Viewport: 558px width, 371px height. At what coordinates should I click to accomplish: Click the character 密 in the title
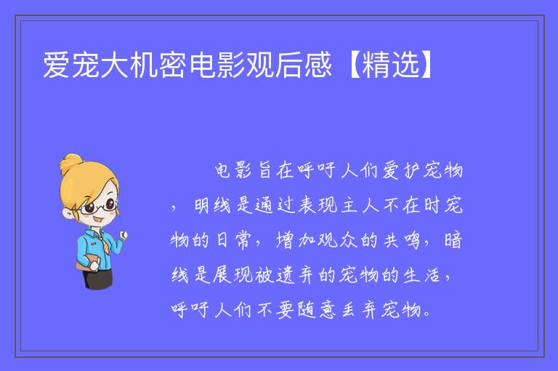173,65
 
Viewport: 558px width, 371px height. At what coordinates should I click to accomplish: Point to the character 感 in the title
318,65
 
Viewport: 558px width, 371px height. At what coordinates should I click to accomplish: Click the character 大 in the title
115,65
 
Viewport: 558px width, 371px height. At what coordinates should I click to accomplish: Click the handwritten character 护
411,170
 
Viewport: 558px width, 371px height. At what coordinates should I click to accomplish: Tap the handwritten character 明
202,205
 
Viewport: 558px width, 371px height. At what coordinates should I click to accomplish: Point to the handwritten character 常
244,240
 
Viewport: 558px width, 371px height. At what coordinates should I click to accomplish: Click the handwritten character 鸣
412,240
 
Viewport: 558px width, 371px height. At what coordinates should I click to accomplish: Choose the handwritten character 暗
453,240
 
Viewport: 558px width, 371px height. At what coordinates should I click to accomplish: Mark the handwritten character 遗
285,275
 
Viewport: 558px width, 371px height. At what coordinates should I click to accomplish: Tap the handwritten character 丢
349,309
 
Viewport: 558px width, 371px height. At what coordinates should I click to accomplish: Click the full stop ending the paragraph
428,314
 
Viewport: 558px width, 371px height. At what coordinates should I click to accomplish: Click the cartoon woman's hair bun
70,163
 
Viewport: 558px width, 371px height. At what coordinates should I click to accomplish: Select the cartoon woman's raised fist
123,234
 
